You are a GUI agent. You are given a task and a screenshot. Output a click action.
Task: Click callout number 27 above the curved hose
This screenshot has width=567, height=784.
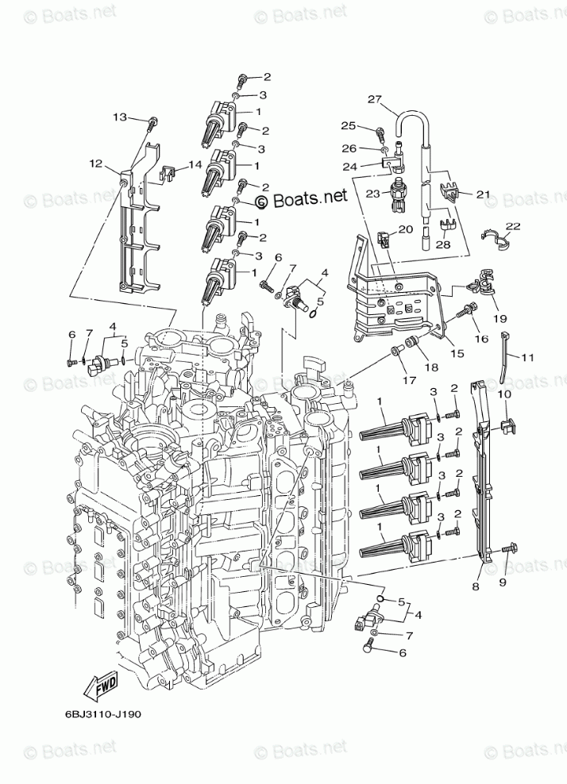pyautogui.click(x=375, y=99)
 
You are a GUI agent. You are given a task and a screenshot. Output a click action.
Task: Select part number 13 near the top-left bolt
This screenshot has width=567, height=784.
pyautogui.click(x=119, y=117)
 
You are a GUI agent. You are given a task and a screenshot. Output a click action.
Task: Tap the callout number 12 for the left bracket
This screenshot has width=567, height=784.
pyautogui.click(x=96, y=163)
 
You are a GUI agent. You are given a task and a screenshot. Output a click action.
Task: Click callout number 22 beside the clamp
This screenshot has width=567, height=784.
pyautogui.click(x=512, y=226)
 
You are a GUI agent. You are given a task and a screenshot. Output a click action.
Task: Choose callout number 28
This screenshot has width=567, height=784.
pyautogui.click(x=442, y=245)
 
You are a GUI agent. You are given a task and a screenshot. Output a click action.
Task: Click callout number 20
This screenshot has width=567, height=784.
pyautogui.click(x=406, y=229)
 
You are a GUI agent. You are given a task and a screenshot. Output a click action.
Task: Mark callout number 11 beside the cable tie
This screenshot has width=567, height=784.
pyautogui.click(x=528, y=357)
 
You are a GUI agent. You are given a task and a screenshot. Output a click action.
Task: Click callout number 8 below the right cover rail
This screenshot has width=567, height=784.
pyautogui.click(x=475, y=586)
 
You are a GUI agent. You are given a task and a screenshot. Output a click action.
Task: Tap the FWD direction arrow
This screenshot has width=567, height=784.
pyautogui.click(x=105, y=685)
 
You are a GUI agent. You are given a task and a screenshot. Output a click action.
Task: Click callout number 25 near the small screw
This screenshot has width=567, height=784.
pyautogui.click(x=348, y=125)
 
